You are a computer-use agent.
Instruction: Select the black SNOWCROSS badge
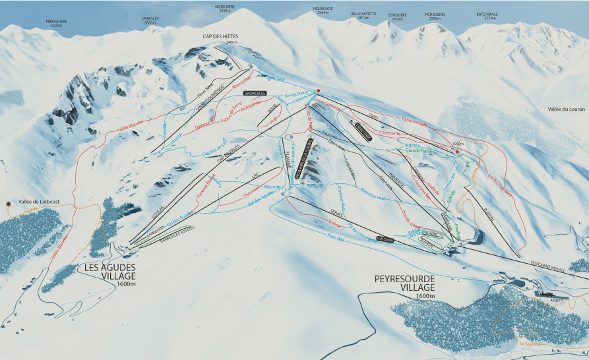[253, 94]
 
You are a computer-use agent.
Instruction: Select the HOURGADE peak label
[323, 11]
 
